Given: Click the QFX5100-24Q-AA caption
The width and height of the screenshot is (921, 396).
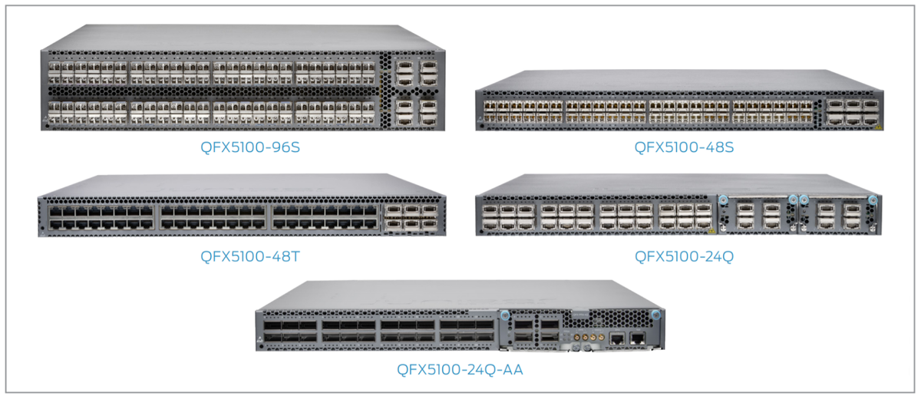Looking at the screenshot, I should click(460, 370).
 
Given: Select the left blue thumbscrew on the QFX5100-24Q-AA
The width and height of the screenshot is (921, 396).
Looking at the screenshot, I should click(504, 315).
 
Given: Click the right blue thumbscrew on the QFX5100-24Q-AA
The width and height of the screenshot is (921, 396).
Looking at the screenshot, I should click(655, 315).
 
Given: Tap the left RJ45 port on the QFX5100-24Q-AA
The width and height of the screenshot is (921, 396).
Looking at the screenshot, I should click(616, 336).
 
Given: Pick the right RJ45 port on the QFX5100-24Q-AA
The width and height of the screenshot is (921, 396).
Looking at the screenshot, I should click(636, 336).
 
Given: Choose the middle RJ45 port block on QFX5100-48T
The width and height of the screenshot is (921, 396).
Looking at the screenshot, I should click(212, 217).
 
